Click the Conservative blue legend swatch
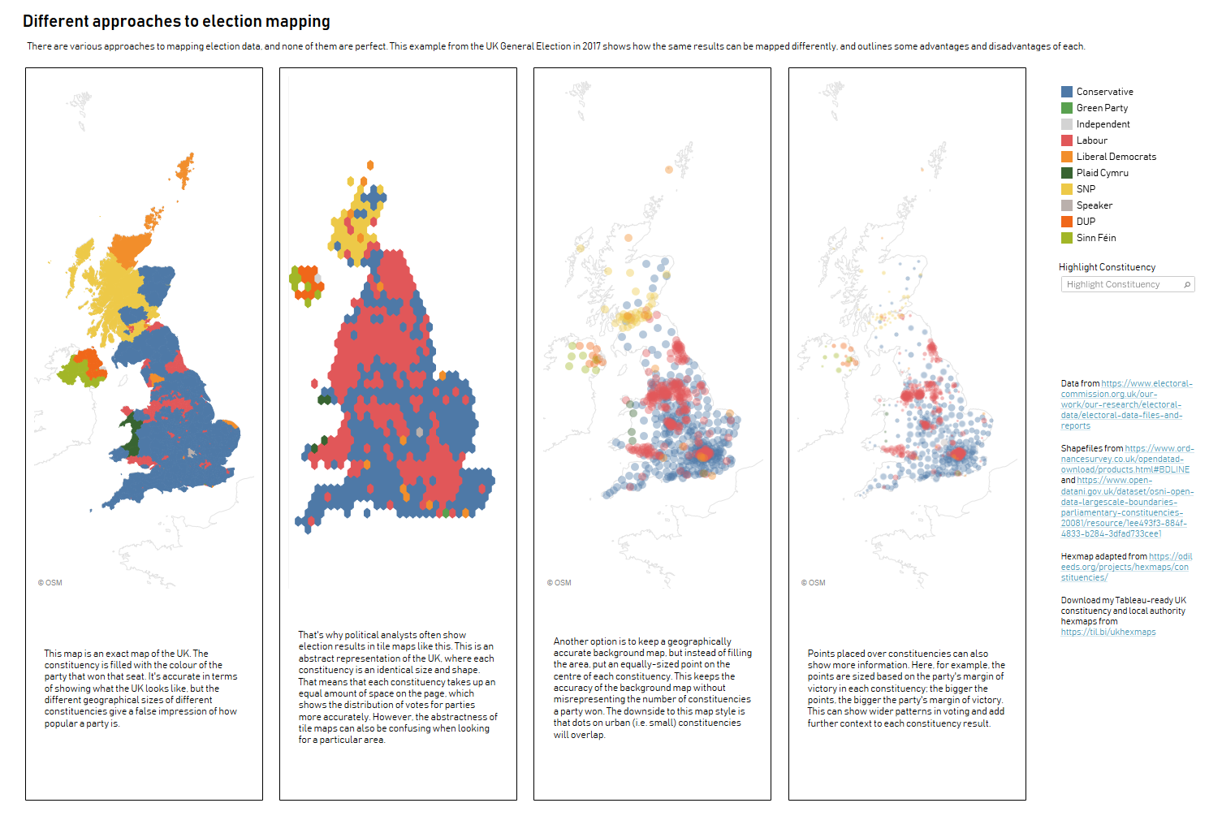[x=1067, y=92]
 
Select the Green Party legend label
[x=1102, y=108]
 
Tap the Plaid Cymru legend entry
[x=1102, y=173]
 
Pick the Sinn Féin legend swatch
[x=1067, y=238]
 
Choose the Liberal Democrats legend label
[x=1116, y=157]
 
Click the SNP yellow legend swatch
[x=1067, y=189]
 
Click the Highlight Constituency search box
[x=1121, y=284]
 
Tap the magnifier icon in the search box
[x=1187, y=284]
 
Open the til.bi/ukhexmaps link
[x=1108, y=633]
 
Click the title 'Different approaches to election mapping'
[x=176, y=21]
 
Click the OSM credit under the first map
[x=50, y=583]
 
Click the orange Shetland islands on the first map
[x=186, y=170]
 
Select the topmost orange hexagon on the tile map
[x=370, y=165]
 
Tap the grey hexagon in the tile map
[x=420, y=432]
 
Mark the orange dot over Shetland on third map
[x=669, y=170]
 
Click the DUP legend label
[x=1086, y=222]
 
